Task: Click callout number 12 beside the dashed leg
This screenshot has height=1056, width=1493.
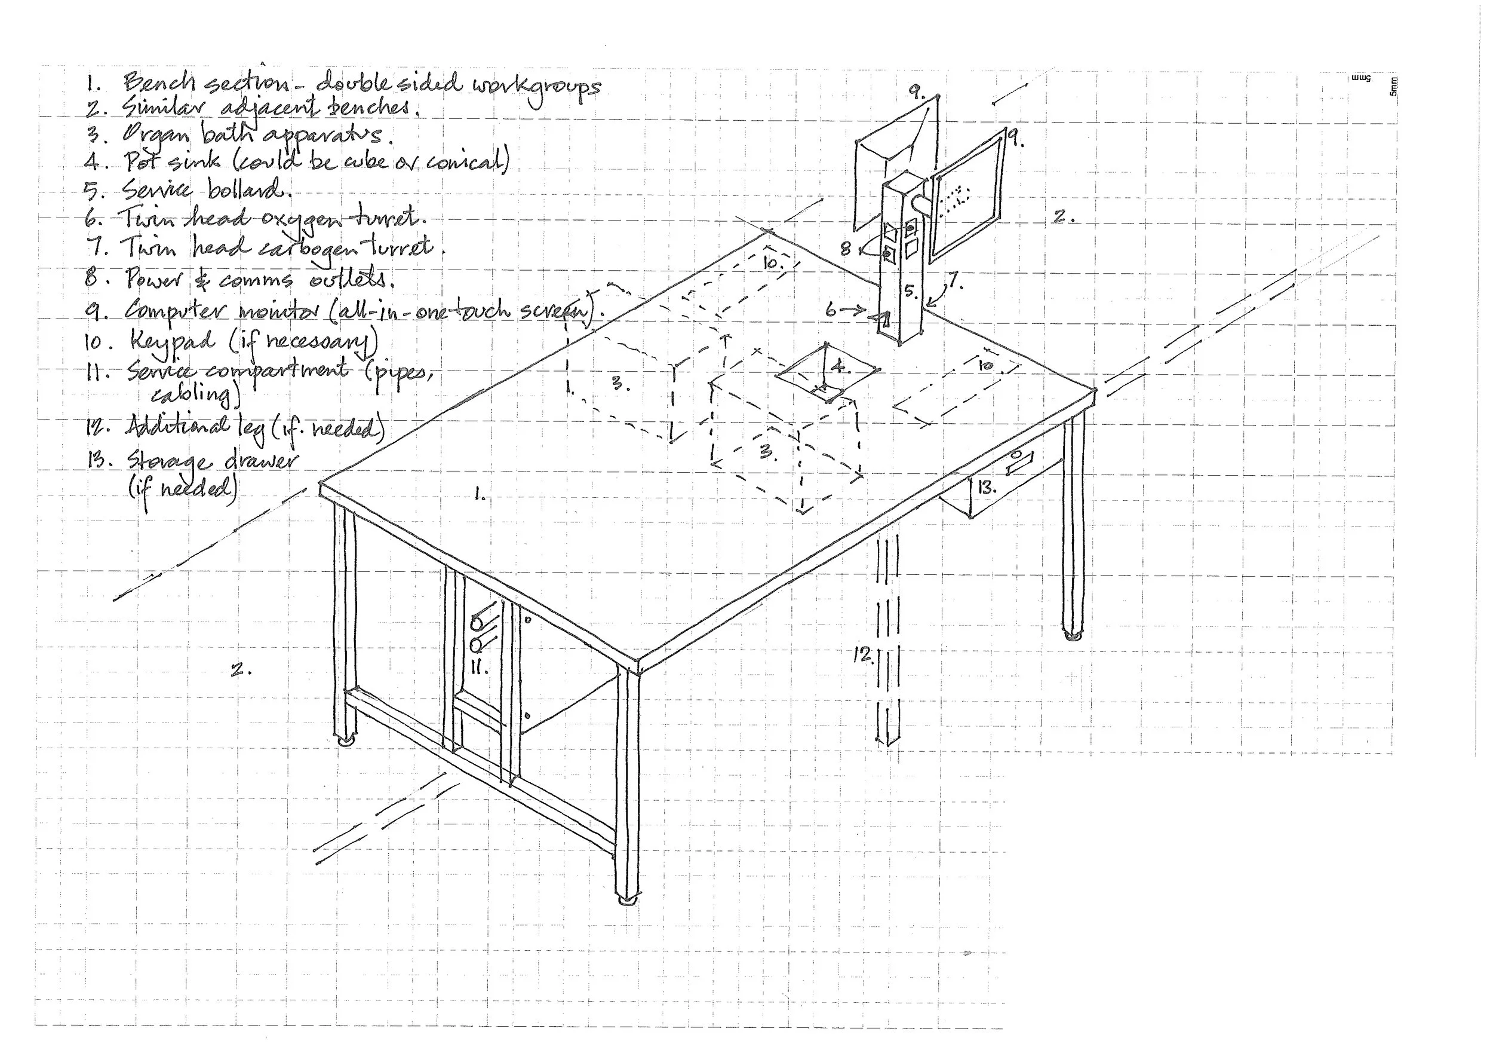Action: [863, 654]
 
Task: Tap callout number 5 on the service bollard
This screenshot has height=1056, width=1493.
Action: [910, 290]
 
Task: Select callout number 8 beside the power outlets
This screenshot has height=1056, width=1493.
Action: [846, 249]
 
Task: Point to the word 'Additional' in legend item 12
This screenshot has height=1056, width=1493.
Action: [177, 426]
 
